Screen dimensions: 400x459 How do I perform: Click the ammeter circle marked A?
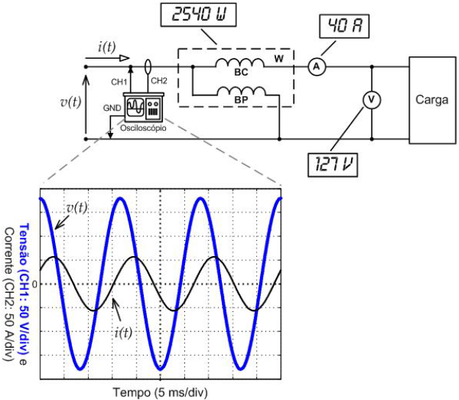[x=316, y=67]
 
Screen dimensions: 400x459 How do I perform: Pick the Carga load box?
[x=431, y=101]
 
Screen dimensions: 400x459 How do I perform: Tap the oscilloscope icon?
[x=145, y=111]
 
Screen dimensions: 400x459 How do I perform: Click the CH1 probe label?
[x=120, y=81]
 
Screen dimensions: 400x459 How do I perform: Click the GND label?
[x=113, y=107]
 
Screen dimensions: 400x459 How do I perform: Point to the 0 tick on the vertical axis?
[x=32, y=283]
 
